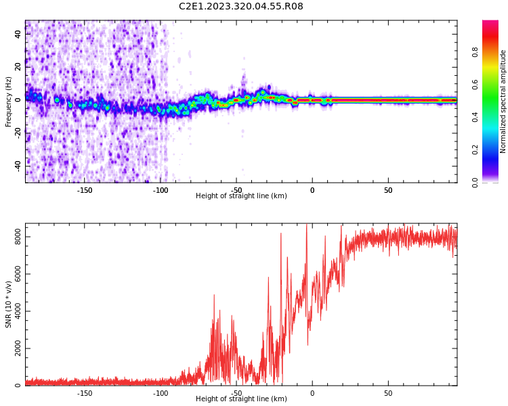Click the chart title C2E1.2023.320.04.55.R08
240,6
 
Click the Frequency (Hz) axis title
9,101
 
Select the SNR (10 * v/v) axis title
9,304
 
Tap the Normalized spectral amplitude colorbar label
503,101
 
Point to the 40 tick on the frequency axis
18,32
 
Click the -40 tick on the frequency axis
17,165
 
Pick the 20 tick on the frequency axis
18,66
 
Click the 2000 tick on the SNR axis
14,348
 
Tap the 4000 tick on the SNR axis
14,311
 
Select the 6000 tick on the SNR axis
14,274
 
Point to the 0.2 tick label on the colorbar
475,150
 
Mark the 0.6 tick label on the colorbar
475,83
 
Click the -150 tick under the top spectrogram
85,190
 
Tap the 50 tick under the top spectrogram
388,190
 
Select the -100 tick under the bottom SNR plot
161,393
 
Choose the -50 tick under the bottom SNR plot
236,393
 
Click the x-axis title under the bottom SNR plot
241,399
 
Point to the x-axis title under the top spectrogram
241,196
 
